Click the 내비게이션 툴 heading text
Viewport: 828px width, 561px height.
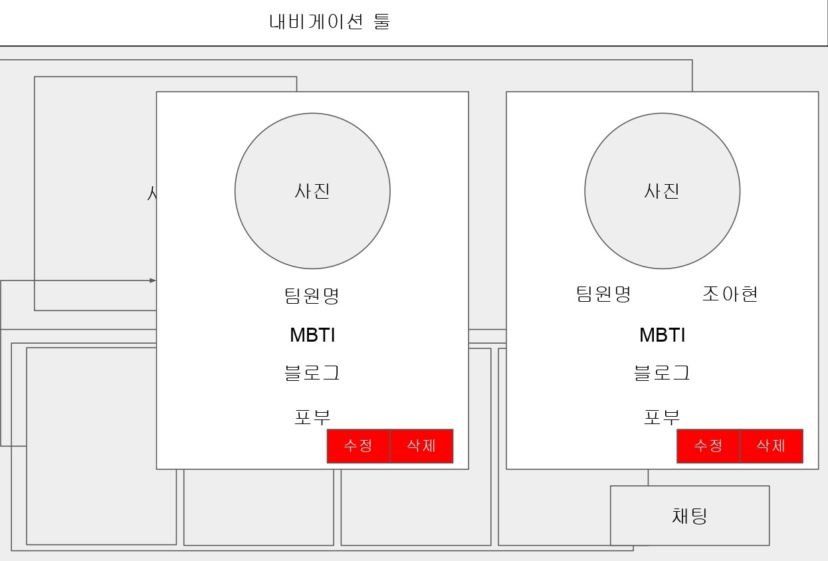[x=330, y=21]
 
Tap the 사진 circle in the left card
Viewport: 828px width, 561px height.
[x=312, y=191]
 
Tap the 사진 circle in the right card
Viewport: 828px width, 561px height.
[x=662, y=191]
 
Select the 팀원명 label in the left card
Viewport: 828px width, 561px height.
[x=312, y=296]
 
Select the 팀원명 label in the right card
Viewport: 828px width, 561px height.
[x=603, y=294]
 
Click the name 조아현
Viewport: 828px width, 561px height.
[x=730, y=294]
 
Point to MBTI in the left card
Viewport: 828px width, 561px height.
[x=312, y=335]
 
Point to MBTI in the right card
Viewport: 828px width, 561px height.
[x=662, y=335]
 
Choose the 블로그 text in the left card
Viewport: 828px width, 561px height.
[x=312, y=373]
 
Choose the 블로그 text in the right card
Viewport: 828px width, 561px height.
[x=662, y=373]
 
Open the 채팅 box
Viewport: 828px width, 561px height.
[x=690, y=516]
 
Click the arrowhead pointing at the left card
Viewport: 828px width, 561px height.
[x=153, y=280]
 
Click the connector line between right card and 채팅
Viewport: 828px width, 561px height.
[x=648, y=477]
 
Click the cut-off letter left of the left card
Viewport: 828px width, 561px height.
[x=152, y=193]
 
